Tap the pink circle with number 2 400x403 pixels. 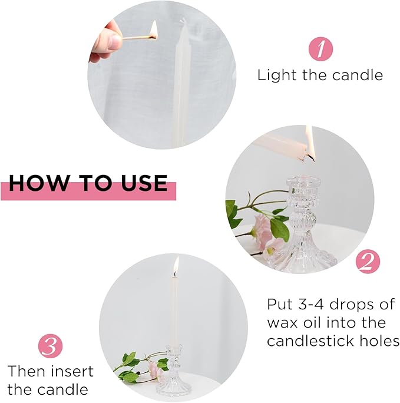(x=366, y=262)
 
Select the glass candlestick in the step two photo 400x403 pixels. (x=300, y=224)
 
